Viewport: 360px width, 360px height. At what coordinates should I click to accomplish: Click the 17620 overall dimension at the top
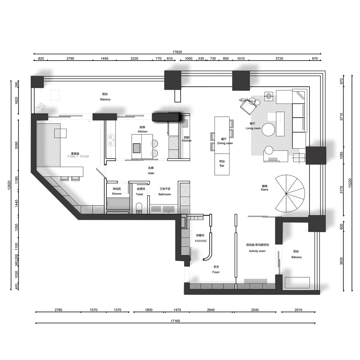(x=177, y=52)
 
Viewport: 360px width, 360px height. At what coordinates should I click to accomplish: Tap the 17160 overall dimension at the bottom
(x=175, y=321)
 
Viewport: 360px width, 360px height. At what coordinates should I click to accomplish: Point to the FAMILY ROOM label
(x=78, y=157)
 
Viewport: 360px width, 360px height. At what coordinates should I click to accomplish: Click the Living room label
(x=253, y=128)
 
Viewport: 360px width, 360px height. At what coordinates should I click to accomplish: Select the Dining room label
(x=225, y=143)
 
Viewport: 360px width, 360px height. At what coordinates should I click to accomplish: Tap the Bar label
(x=222, y=166)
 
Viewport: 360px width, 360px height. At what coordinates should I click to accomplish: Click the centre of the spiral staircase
(x=286, y=194)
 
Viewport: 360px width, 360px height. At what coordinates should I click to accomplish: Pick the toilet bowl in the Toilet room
(x=139, y=208)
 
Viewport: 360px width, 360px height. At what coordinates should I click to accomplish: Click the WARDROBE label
(x=201, y=241)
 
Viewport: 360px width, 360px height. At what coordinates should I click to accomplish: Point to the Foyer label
(x=216, y=272)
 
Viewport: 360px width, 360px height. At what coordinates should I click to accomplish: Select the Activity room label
(x=257, y=251)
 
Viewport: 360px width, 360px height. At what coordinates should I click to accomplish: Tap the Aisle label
(x=151, y=173)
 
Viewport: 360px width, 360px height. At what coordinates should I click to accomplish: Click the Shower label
(x=117, y=194)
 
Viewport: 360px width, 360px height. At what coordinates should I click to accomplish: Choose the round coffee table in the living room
(x=268, y=130)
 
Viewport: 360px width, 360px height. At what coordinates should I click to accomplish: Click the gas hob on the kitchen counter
(x=111, y=140)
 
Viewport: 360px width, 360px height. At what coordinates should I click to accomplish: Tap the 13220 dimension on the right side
(x=350, y=183)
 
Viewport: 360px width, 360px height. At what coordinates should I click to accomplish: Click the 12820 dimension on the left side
(x=9, y=185)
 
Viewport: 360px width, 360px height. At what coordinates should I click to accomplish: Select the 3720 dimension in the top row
(x=279, y=58)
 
